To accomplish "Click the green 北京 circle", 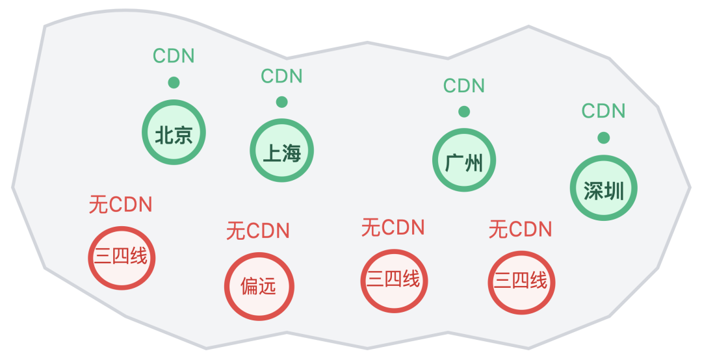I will pyautogui.click(x=174, y=133).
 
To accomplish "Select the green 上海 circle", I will pyautogui.click(x=282, y=151).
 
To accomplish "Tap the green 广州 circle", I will pyautogui.click(x=464, y=161).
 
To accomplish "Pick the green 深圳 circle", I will pyautogui.click(x=604, y=188).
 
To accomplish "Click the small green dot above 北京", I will pyautogui.click(x=174, y=83).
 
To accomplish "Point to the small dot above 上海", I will pyautogui.click(x=281, y=102).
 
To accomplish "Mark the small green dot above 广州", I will pyautogui.click(x=464, y=112).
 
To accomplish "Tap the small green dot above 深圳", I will pyautogui.click(x=604, y=138).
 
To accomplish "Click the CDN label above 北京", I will pyautogui.click(x=174, y=56).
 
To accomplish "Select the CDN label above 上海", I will pyautogui.click(x=281, y=76).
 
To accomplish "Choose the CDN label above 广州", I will pyautogui.click(x=464, y=85).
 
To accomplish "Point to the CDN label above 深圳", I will pyautogui.click(x=603, y=111).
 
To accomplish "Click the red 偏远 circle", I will pyautogui.click(x=259, y=287).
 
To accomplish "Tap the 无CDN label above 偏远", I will pyautogui.click(x=258, y=231).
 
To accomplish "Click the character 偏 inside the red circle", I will pyautogui.click(x=250, y=287).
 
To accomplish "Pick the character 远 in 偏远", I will pyautogui.click(x=268, y=287).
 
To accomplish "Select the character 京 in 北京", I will pyautogui.click(x=183, y=135).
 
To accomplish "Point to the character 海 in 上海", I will pyautogui.click(x=292, y=153).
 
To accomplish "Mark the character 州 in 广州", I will pyautogui.click(x=474, y=162).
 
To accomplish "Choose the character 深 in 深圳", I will pyautogui.click(x=593, y=190).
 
